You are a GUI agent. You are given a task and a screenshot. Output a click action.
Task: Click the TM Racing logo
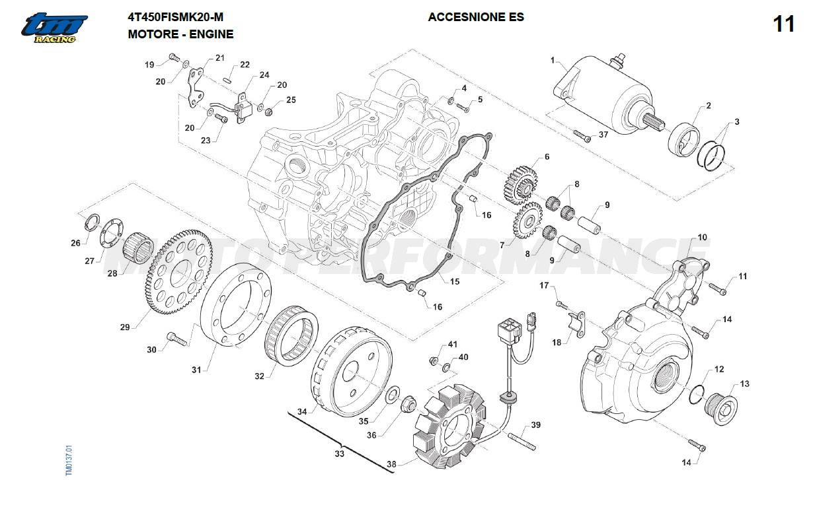(x=54, y=28)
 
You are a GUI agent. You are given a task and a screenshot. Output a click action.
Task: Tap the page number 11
(x=784, y=24)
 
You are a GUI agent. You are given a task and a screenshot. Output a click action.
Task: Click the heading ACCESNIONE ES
(x=476, y=17)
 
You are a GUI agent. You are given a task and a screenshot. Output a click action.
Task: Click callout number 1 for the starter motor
(x=553, y=60)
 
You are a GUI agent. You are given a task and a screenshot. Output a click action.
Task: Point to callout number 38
(x=391, y=464)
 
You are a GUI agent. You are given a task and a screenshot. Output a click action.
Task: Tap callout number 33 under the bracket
(x=339, y=454)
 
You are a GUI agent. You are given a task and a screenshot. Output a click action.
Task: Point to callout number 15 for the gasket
(x=455, y=282)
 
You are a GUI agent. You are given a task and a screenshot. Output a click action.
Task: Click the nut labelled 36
(x=408, y=402)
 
